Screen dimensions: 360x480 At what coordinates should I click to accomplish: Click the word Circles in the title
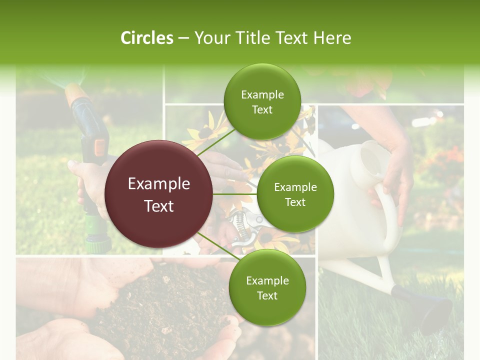click(x=146, y=38)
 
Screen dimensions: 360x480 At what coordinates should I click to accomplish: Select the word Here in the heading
click(x=332, y=38)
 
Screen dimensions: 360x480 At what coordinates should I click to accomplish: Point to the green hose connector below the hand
click(x=97, y=242)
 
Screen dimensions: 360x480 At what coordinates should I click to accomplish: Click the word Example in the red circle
click(x=159, y=184)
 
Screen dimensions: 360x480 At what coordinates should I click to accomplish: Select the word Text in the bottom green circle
click(x=267, y=295)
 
